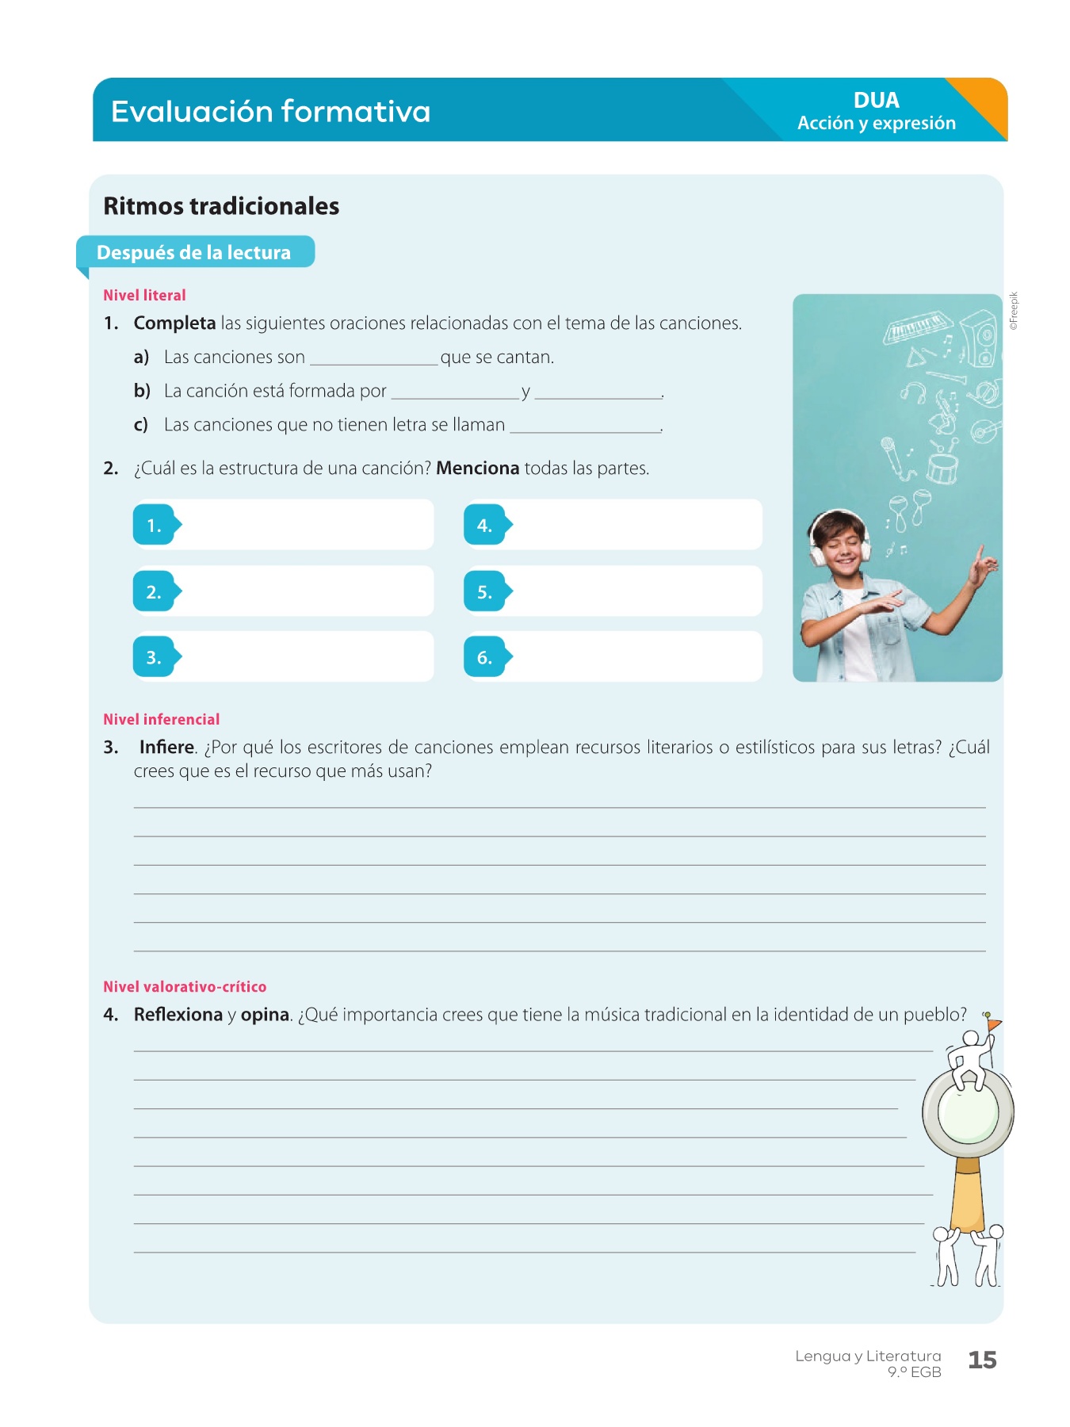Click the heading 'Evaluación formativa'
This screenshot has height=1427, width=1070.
pyautogui.click(x=270, y=112)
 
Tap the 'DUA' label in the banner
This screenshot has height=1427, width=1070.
pyautogui.click(x=876, y=101)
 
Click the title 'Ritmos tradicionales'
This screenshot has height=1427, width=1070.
pyautogui.click(x=221, y=206)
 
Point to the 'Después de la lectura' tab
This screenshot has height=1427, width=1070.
pyautogui.click(x=194, y=252)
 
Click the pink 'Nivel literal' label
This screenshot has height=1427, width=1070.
pyautogui.click(x=144, y=295)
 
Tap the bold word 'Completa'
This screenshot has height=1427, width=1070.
pyautogui.click(x=174, y=323)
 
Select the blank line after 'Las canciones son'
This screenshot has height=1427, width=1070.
pyautogui.click(x=373, y=361)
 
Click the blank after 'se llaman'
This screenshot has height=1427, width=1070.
pyautogui.click(x=585, y=428)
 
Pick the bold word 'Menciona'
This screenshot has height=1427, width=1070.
pyautogui.click(x=477, y=469)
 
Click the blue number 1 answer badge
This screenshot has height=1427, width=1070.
pyautogui.click(x=155, y=525)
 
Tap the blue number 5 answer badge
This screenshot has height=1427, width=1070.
pyautogui.click(x=485, y=591)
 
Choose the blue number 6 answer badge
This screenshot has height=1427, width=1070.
pyautogui.click(x=485, y=657)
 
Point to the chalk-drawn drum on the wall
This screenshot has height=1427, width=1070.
pyautogui.click(x=942, y=468)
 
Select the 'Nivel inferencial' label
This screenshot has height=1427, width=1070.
pyautogui.click(x=161, y=719)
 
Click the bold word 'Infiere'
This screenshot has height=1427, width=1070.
pyautogui.click(x=166, y=748)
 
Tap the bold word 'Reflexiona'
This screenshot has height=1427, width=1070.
pyautogui.click(x=178, y=1015)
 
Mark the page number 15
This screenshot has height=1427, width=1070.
pyautogui.click(x=982, y=1360)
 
